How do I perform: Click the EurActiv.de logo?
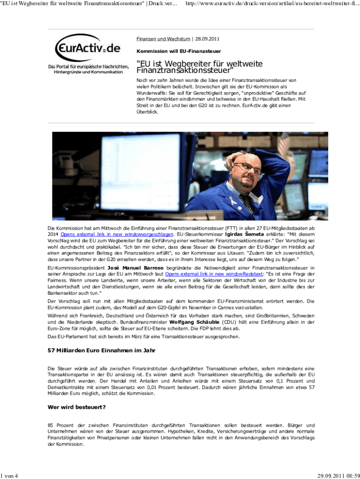(87, 47)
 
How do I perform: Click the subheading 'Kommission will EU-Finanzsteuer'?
(179, 51)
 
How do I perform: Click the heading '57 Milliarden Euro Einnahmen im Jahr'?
(101, 350)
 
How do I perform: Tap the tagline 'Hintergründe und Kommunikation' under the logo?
(88, 72)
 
